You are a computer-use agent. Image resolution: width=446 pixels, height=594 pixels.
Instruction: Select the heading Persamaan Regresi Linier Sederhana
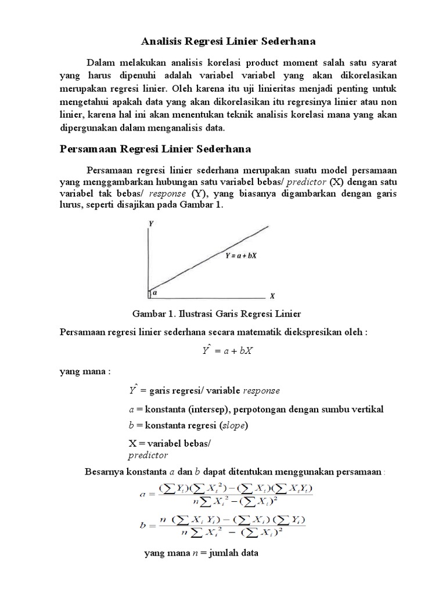(155, 149)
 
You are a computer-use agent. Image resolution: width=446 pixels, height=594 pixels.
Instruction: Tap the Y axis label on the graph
(150, 223)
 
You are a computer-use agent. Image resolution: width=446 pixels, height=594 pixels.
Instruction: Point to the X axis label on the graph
(272, 295)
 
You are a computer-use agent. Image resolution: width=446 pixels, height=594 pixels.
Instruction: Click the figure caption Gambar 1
(217, 314)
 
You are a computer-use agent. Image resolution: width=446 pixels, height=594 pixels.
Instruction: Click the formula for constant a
(226, 492)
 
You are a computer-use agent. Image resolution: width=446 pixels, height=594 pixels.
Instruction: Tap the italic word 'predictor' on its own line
(148, 455)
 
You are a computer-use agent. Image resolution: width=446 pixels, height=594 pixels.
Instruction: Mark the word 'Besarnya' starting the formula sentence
(105, 471)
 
